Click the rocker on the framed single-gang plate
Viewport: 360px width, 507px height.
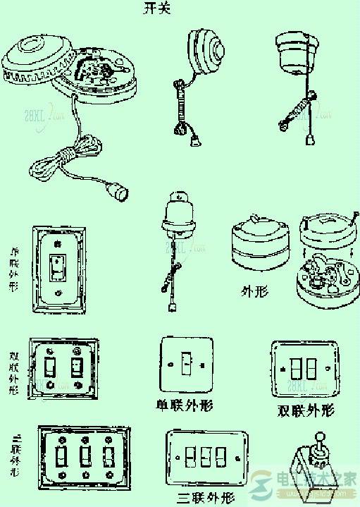[x=56, y=267]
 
